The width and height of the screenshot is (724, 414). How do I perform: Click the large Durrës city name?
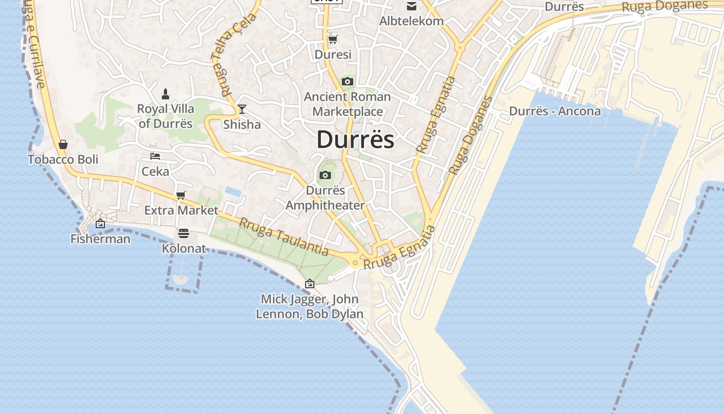[355, 140]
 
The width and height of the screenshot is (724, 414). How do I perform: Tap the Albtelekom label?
[412, 21]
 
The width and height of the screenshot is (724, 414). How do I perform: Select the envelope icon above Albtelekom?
[412, 6]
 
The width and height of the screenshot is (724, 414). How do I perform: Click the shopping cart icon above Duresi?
[333, 39]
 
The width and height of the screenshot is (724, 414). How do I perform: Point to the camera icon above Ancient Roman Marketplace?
[348, 81]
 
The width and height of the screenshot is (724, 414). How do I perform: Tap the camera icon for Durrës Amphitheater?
[325, 175]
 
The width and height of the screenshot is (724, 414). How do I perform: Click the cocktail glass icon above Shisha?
[242, 109]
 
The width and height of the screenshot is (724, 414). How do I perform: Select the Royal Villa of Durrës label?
[165, 116]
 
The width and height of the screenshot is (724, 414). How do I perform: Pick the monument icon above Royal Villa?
[165, 94]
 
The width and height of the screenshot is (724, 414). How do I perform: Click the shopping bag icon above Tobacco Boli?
[63, 144]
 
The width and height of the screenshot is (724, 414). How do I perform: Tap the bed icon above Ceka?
[155, 156]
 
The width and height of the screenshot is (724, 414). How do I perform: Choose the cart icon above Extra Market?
[181, 195]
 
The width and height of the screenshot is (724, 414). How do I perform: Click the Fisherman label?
[100, 239]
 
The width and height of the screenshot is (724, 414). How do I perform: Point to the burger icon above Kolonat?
[184, 233]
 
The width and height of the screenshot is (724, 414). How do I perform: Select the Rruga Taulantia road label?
[283, 236]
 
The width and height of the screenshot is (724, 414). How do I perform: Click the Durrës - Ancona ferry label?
[555, 111]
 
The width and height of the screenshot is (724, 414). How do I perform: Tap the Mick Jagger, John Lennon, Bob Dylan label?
[309, 306]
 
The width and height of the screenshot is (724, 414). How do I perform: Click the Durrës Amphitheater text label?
[325, 198]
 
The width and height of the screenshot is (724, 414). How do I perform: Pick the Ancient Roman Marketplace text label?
[348, 104]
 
